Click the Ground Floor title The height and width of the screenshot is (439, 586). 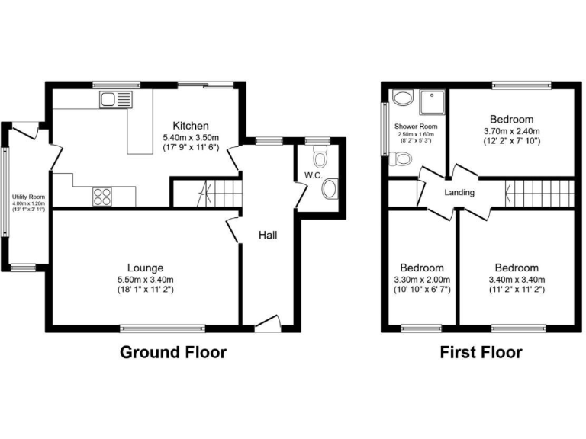[x=173, y=353]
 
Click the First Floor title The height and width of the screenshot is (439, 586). [x=481, y=353]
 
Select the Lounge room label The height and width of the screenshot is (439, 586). [x=145, y=268]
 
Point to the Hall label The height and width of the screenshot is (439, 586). [x=267, y=235]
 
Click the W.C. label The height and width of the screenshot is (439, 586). [x=313, y=176]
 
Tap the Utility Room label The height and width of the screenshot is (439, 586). [x=28, y=197]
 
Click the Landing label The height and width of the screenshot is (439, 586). [x=459, y=193]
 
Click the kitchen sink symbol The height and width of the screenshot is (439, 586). [x=115, y=99]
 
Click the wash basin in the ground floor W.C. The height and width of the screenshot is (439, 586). [x=330, y=189]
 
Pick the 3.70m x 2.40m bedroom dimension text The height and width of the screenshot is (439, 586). [x=511, y=132]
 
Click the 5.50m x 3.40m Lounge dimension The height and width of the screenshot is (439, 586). [x=145, y=280]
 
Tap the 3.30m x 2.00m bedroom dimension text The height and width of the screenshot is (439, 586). [x=422, y=280]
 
